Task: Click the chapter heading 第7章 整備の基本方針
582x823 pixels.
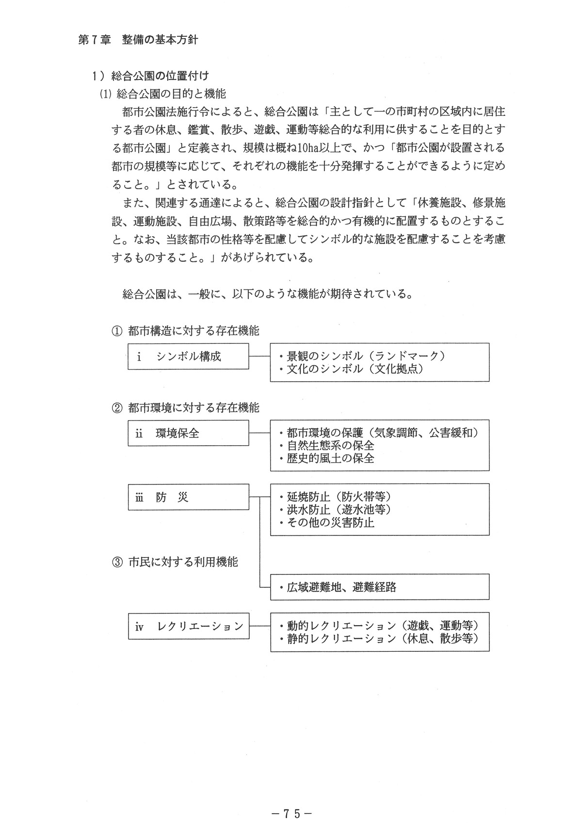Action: tap(138, 40)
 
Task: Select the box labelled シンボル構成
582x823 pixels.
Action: tap(188, 356)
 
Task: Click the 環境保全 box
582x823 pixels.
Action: tap(188, 433)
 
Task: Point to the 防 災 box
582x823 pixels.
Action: tap(188, 497)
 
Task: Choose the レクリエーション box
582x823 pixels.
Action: tap(188, 626)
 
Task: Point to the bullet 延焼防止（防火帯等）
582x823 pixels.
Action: tap(338, 497)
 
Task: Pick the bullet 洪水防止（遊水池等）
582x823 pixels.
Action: tap(338, 510)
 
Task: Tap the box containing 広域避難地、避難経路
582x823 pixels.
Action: tap(379, 587)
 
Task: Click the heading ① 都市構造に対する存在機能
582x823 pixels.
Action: tap(186, 331)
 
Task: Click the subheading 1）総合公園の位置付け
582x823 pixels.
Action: tap(151, 76)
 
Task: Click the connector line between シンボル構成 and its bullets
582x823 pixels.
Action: tap(259, 356)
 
